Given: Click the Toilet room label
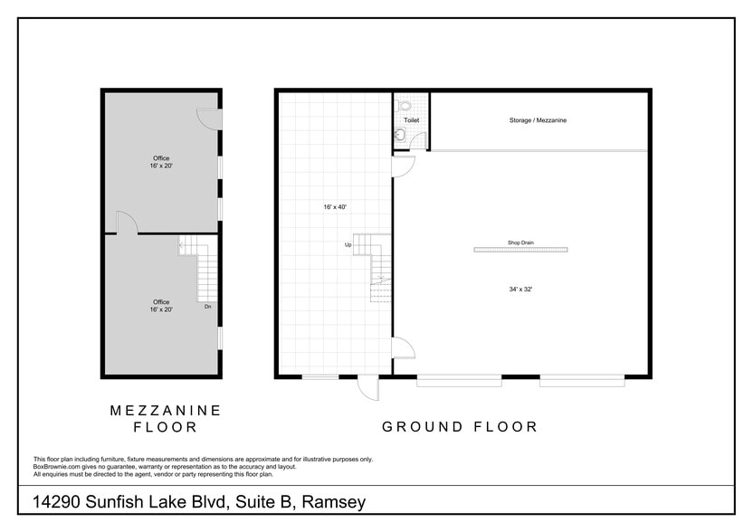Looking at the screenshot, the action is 412,120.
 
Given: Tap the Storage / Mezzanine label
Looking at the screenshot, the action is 538,120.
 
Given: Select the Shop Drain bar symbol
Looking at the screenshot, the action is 520,250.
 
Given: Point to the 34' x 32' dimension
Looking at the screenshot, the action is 520,289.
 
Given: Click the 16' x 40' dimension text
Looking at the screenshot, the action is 335,207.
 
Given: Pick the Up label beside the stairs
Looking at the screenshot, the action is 348,245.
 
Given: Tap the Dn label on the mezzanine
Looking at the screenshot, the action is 207,307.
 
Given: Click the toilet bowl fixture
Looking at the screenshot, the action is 405,104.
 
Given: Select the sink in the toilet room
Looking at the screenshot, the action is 400,136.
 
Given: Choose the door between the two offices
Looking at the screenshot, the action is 128,223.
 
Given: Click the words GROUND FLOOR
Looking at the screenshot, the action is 460,426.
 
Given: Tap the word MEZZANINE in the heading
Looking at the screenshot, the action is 166,410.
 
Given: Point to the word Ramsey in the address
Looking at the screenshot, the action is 334,502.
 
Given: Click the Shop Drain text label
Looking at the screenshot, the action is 520,242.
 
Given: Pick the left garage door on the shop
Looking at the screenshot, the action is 459,381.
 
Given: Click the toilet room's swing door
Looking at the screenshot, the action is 419,142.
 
